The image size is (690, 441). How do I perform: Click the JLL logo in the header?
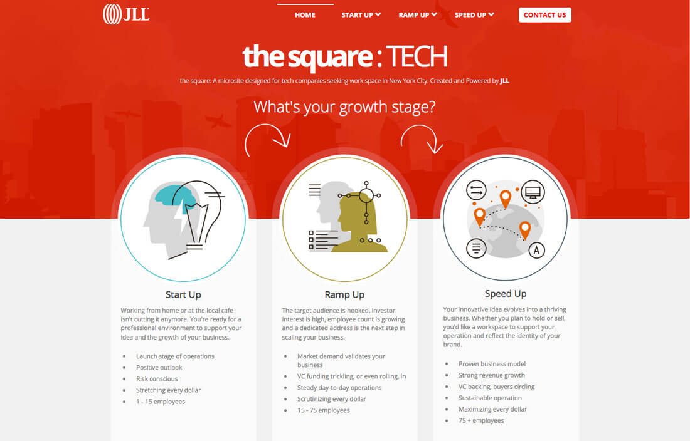(x=126, y=14)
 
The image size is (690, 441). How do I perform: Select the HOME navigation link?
(x=305, y=15)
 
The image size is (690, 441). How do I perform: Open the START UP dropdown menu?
(x=361, y=15)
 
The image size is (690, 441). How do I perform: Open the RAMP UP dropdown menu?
(x=418, y=15)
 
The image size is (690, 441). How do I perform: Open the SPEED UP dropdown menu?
(x=474, y=15)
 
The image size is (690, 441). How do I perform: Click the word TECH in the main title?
(x=417, y=56)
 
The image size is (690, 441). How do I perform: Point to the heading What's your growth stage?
(x=344, y=107)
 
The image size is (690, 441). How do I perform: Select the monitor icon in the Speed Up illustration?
(x=533, y=192)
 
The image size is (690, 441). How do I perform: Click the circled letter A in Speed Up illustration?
(x=536, y=251)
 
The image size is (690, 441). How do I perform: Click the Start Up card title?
(x=183, y=295)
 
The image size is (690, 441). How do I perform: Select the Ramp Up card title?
(x=344, y=295)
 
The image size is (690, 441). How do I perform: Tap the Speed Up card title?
(x=506, y=294)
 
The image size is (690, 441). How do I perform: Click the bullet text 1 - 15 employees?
(x=161, y=402)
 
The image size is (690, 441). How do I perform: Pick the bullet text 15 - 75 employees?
(x=324, y=410)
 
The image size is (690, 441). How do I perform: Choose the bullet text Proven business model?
(x=492, y=364)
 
